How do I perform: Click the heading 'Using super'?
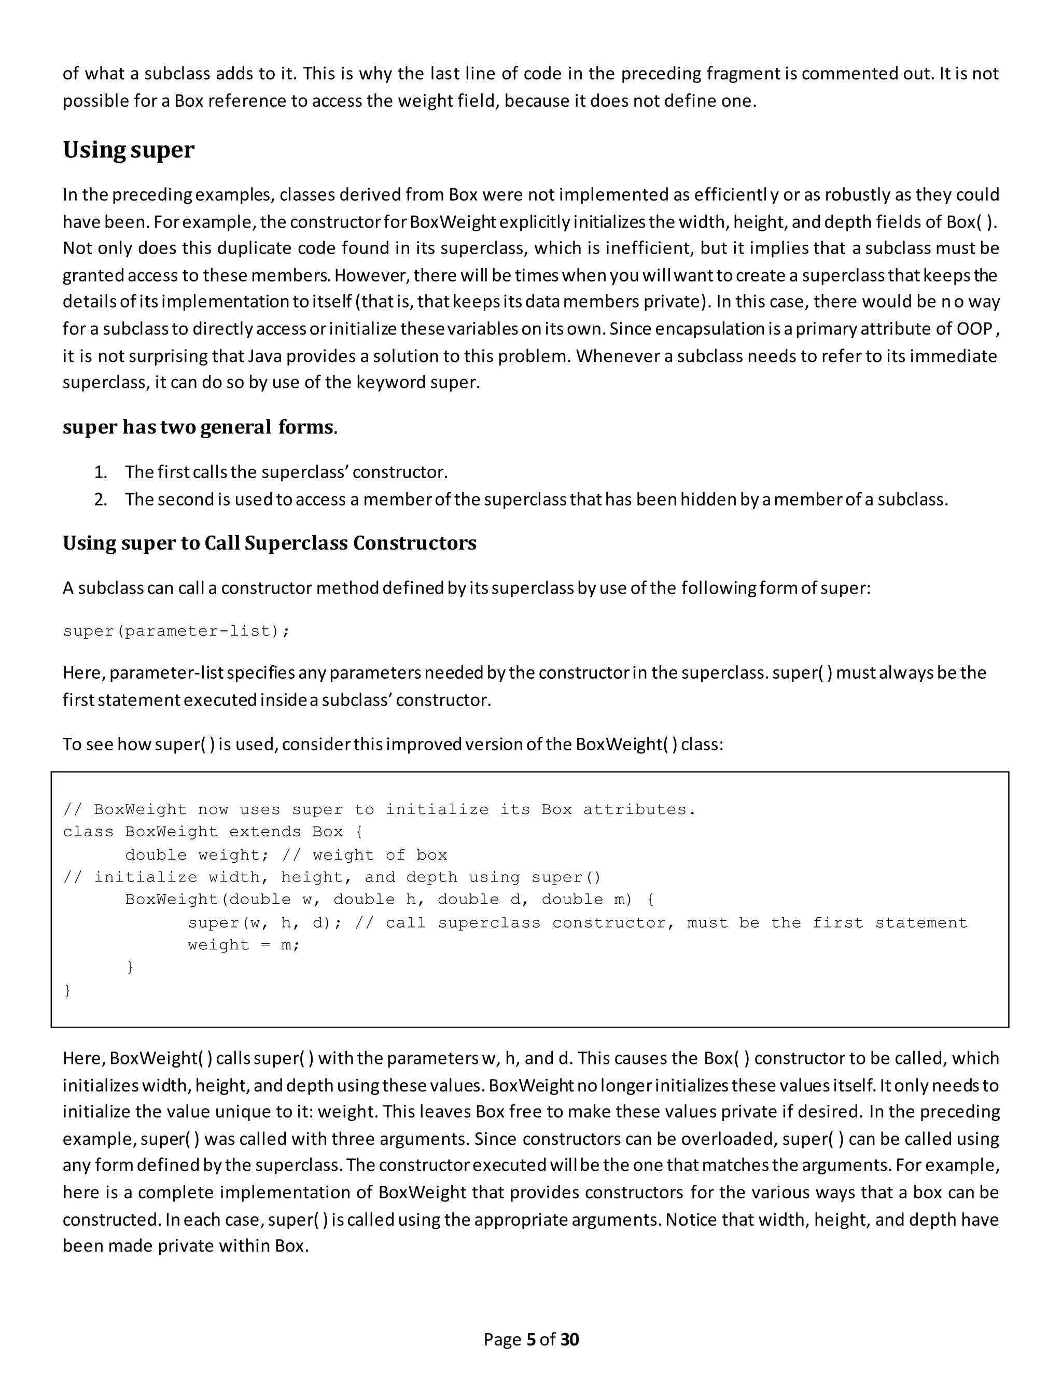pyautogui.click(x=129, y=150)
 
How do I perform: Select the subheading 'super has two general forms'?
pyautogui.click(x=199, y=427)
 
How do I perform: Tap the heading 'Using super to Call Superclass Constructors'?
pyautogui.click(x=269, y=543)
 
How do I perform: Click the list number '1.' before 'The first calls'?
pyautogui.click(x=101, y=472)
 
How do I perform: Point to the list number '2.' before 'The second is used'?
pyautogui.click(x=101, y=499)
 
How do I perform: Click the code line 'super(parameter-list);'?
pyautogui.click(x=176, y=631)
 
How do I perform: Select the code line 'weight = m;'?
pyautogui.click(x=244, y=945)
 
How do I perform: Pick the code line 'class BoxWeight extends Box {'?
pyautogui.click(x=213, y=832)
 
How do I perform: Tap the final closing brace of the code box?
pyautogui.click(x=67, y=991)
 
